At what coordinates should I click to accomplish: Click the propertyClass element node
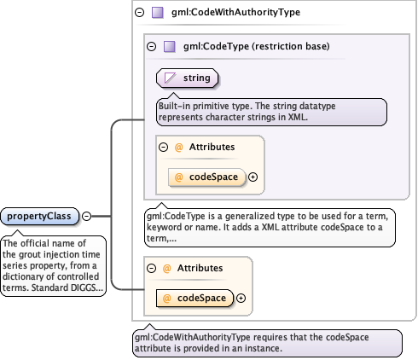click(40, 216)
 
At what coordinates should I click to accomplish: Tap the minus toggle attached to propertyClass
click(86, 216)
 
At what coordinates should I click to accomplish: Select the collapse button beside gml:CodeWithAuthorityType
click(139, 13)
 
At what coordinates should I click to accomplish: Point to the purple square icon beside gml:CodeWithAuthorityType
click(156, 13)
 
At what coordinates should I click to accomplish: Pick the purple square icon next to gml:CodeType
click(169, 46)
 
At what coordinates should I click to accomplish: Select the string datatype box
click(187, 78)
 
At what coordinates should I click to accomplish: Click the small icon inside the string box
click(170, 78)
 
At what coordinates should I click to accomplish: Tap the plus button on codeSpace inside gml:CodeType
click(253, 177)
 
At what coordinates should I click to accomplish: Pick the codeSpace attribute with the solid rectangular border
click(194, 298)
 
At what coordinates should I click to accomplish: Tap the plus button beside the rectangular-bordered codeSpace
click(241, 298)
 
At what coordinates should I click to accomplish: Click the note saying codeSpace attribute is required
click(267, 342)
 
